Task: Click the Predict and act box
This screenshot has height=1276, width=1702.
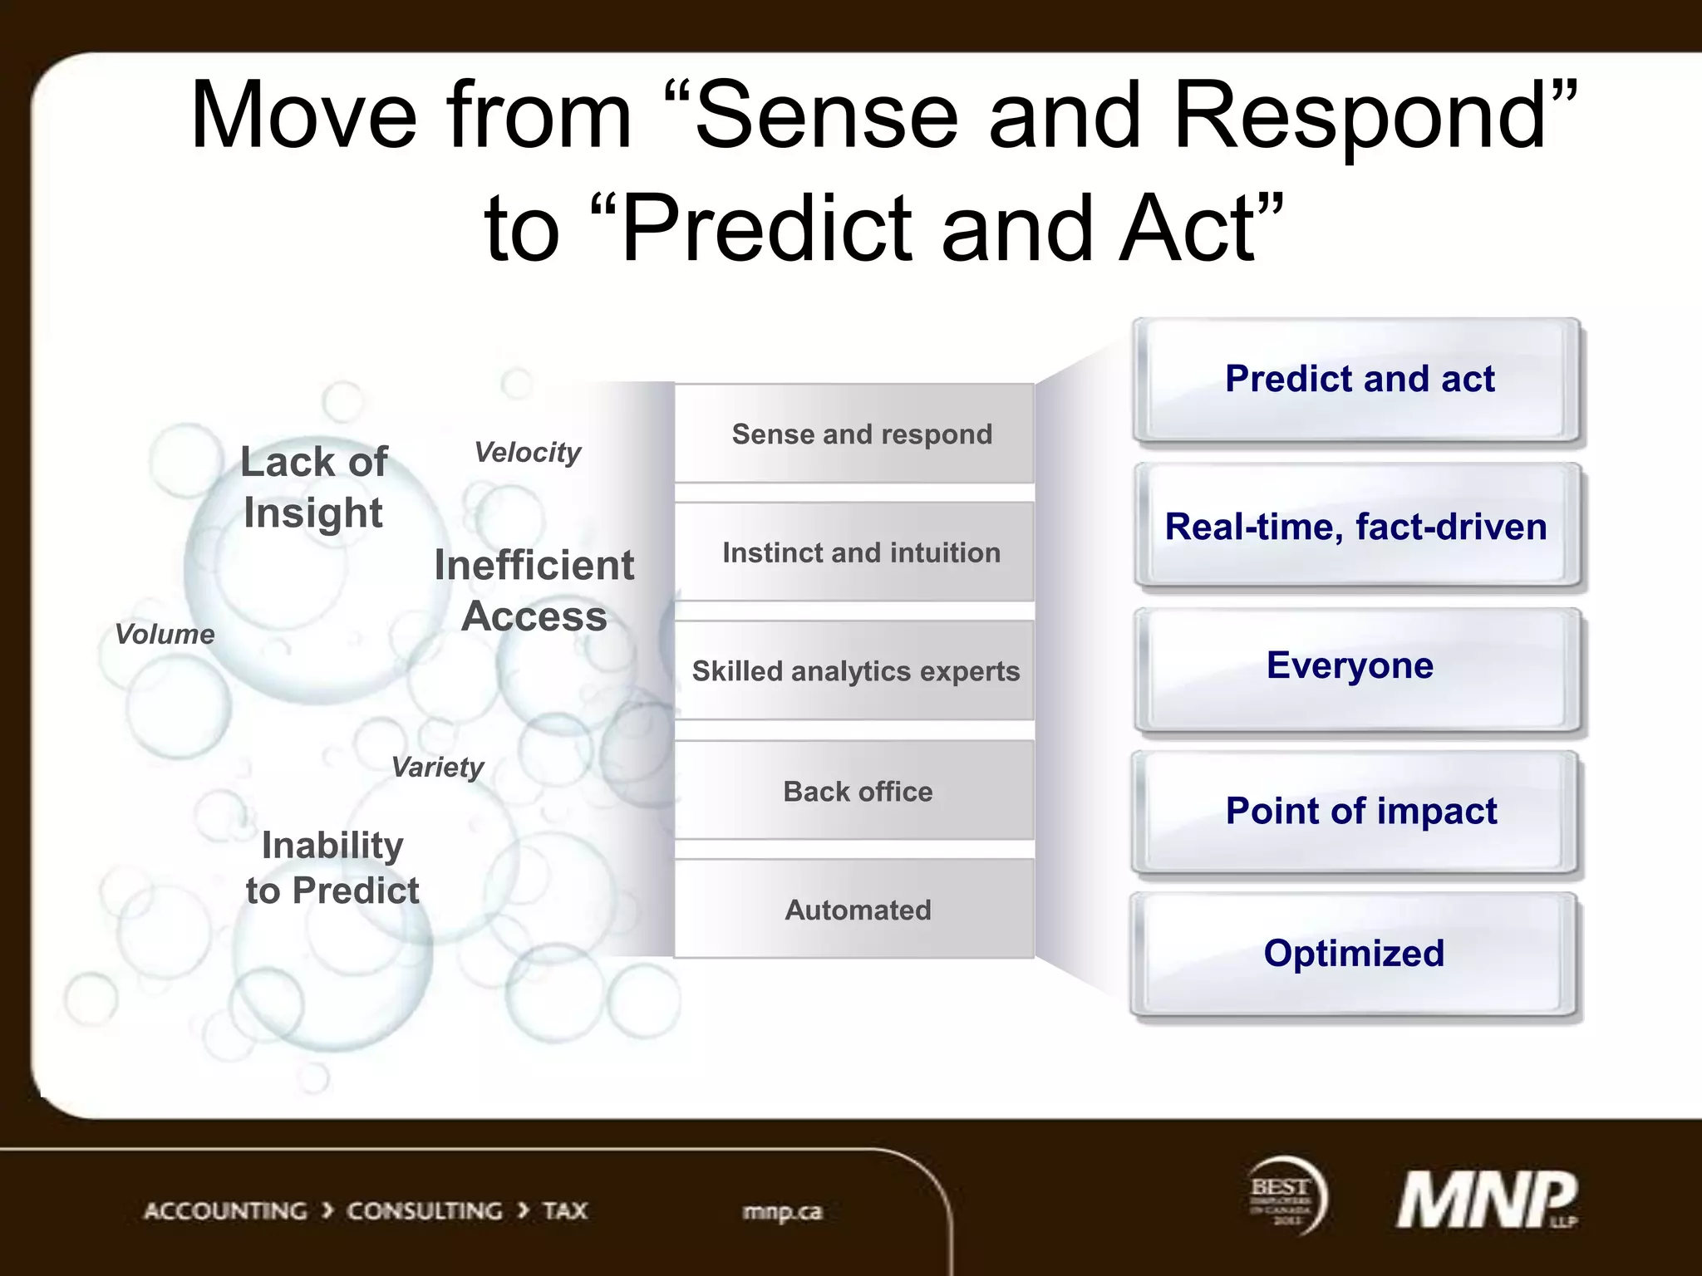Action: coord(1358,380)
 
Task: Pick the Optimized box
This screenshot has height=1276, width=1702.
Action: coord(1354,954)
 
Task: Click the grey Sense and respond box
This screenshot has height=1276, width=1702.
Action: coord(855,434)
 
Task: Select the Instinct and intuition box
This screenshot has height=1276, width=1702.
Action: coord(855,552)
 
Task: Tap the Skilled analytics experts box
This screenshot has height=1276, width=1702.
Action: coord(855,671)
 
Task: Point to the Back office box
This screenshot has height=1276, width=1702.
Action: coord(855,791)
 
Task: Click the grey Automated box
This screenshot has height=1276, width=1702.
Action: coord(855,910)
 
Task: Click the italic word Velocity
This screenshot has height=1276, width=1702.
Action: coord(527,453)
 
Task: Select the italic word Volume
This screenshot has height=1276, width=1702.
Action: coord(165,635)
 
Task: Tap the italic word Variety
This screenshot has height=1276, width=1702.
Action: coord(437,767)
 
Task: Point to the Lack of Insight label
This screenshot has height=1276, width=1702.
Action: coord(314,487)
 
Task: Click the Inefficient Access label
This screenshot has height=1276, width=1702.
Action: coord(534,591)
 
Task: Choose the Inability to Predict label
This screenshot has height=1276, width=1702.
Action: coord(332,868)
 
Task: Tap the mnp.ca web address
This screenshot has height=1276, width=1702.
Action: coord(782,1211)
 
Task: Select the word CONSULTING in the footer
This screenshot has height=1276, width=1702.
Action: coord(424,1210)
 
